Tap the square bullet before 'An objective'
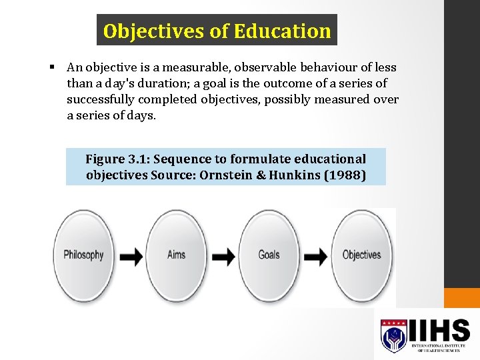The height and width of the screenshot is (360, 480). click(51, 67)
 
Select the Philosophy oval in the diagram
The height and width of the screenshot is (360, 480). click(83, 255)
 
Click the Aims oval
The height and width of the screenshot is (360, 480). click(176, 255)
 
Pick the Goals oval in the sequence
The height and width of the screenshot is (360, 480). click(269, 255)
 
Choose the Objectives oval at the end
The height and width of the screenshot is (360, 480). click(361, 255)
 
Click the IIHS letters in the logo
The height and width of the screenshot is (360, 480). click(439, 329)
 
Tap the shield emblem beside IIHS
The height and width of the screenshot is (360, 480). click(393, 335)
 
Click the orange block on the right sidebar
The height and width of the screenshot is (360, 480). click(461, 298)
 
